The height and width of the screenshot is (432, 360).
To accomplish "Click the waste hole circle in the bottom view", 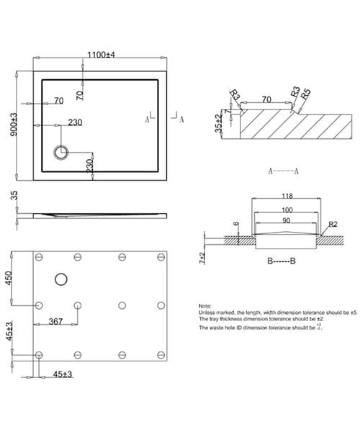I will coord(61,279).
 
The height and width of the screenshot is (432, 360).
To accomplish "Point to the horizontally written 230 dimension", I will coord(75,122).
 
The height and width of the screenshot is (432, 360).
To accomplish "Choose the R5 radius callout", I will coord(305,93).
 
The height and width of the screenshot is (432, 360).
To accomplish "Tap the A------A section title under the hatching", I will coord(284,171).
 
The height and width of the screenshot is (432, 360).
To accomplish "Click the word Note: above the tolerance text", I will coord(206,305).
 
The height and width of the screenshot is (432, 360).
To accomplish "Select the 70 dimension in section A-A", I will coord(266,101).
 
